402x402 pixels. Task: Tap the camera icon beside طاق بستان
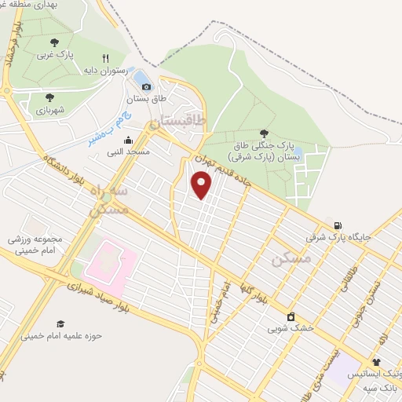pyautogui.click(x=146, y=86)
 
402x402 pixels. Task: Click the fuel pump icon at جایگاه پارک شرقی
pyautogui.click(x=338, y=225)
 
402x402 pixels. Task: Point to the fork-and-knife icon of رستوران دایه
pyautogui.click(x=106, y=57)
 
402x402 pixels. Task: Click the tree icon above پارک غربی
pyautogui.click(x=53, y=43)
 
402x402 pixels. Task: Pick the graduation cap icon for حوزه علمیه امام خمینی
pyautogui.click(x=60, y=323)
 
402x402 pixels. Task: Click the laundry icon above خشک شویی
pyautogui.click(x=291, y=316)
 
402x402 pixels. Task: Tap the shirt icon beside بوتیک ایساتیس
pyautogui.click(x=376, y=363)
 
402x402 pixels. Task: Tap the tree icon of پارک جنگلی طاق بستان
pyautogui.click(x=263, y=133)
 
